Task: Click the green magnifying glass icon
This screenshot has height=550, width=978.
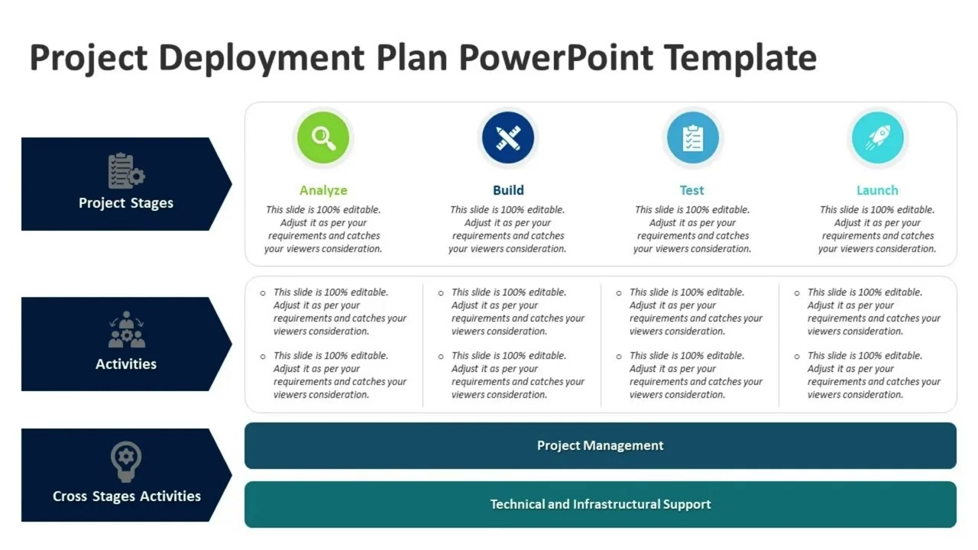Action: pyautogui.click(x=323, y=138)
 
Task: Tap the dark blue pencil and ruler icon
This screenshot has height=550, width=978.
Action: pyautogui.click(x=508, y=138)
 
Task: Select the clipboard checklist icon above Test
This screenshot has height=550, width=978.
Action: pyautogui.click(x=692, y=138)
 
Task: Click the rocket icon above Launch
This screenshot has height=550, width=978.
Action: pyautogui.click(x=877, y=138)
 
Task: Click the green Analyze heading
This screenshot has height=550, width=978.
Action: pyautogui.click(x=323, y=190)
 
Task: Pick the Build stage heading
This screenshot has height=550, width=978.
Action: pyautogui.click(x=508, y=190)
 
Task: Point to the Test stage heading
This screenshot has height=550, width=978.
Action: pyautogui.click(x=692, y=190)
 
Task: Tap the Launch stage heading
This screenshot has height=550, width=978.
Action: pyautogui.click(x=877, y=190)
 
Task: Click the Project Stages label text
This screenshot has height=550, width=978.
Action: pyautogui.click(x=126, y=203)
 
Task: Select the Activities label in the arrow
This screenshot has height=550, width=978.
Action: pyautogui.click(x=126, y=364)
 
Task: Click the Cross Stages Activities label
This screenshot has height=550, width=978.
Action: pyautogui.click(x=127, y=497)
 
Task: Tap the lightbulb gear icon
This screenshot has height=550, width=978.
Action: pyautogui.click(x=126, y=461)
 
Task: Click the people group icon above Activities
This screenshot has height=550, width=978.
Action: pyautogui.click(x=126, y=330)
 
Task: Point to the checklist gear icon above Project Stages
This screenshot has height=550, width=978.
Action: pyautogui.click(x=126, y=171)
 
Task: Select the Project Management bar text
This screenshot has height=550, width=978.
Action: pyautogui.click(x=601, y=446)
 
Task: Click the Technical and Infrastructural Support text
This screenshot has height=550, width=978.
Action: pyautogui.click(x=601, y=504)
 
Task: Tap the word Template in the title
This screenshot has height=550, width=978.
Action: pyautogui.click(x=740, y=58)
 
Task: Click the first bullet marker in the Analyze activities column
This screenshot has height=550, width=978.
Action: pyautogui.click(x=264, y=293)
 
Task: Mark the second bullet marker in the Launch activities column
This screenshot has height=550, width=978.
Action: pyautogui.click(x=797, y=356)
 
